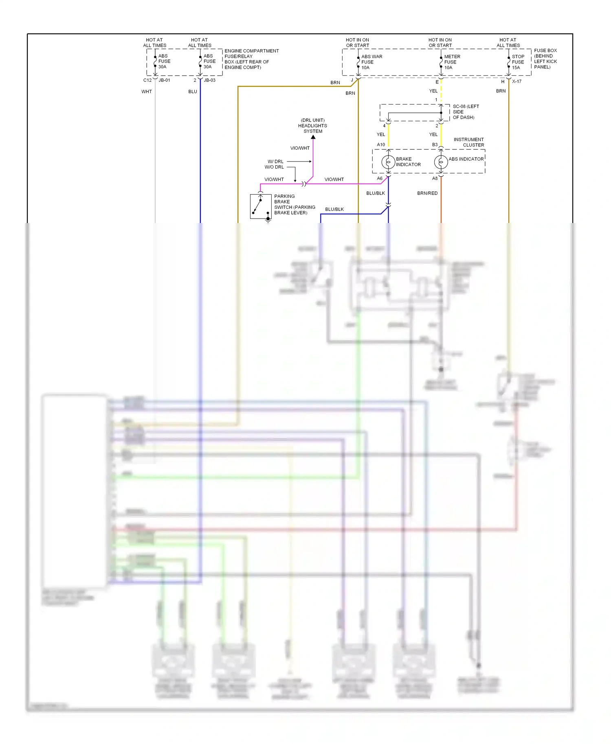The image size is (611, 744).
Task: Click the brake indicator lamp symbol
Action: click(388, 162)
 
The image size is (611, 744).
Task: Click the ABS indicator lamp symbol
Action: click(441, 162)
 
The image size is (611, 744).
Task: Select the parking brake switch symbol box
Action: click(261, 206)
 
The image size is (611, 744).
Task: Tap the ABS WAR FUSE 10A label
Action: click(371, 62)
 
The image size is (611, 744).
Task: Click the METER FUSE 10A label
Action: click(452, 62)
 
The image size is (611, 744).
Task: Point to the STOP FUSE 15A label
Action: click(518, 62)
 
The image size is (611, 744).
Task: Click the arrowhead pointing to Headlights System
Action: click(313, 137)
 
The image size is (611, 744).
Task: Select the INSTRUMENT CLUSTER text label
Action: click(469, 142)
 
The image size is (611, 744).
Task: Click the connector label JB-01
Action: click(164, 80)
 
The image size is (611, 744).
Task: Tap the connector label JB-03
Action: click(209, 80)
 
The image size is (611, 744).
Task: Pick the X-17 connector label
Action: click(516, 81)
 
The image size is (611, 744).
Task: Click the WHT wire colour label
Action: click(147, 92)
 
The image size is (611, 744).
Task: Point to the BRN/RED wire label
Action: click(427, 193)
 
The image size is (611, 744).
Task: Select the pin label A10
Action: click(381, 144)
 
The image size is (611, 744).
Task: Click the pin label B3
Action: click(435, 144)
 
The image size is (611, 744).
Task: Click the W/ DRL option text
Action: click(275, 162)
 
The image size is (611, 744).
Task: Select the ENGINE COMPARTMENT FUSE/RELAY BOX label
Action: click(251, 59)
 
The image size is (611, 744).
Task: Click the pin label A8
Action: click(435, 178)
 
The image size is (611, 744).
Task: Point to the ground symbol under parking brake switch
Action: click(268, 220)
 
